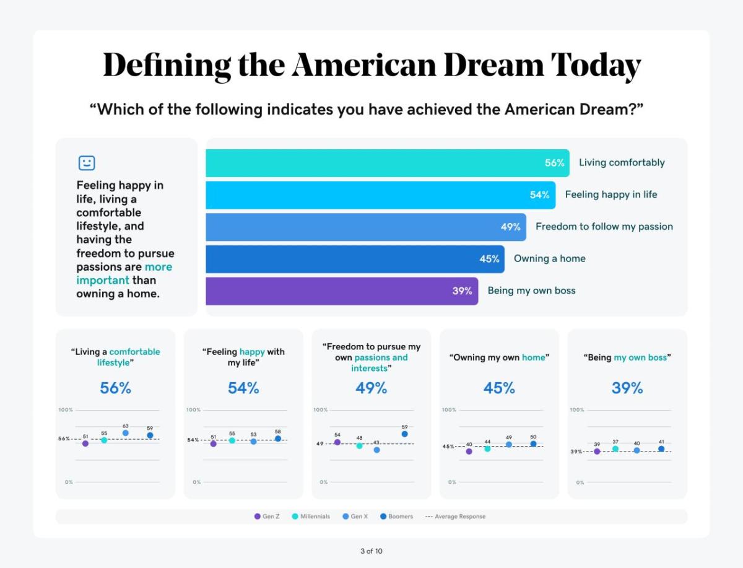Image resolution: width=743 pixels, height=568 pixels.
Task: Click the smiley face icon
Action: (87, 163)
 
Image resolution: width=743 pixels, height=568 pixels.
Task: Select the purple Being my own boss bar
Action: (341, 291)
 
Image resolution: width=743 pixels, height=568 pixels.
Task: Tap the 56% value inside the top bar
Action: (554, 163)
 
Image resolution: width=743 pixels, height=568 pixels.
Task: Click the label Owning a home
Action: (549, 259)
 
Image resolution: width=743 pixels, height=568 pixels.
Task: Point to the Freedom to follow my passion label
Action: (604, 227)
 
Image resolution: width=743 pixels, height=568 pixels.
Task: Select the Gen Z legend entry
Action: (267, 517)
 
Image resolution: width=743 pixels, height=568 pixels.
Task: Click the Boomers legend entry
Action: (396, 517)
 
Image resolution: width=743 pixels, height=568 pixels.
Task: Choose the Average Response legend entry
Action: (455, 517)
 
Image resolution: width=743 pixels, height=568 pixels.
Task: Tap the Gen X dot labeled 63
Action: (126, 433)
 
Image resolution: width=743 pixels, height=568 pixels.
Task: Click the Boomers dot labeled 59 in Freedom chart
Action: (404, 434)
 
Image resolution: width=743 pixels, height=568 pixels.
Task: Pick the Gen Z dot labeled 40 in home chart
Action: (469, 452)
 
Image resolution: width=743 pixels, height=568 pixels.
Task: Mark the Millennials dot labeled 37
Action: (615, 448)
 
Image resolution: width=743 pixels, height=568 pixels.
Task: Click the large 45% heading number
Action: (499, 388)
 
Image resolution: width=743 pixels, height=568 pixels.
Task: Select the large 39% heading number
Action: (627, 388)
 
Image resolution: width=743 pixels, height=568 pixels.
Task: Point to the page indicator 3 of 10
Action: (371, 551)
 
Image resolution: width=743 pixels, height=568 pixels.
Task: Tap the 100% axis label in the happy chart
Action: (193, 410)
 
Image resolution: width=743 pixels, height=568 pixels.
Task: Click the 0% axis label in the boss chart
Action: (580, 483)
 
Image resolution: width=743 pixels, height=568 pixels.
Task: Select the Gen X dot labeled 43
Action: (376, 450)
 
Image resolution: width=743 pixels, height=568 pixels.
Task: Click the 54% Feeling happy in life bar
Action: (380, 195)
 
